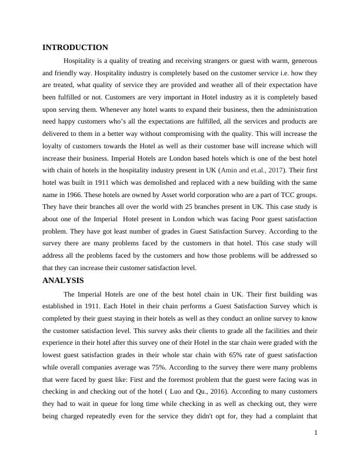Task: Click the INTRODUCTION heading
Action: pyautogui.click(x=75, y=48)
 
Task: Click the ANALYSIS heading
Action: pyautogui.click(x=64, y=281)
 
